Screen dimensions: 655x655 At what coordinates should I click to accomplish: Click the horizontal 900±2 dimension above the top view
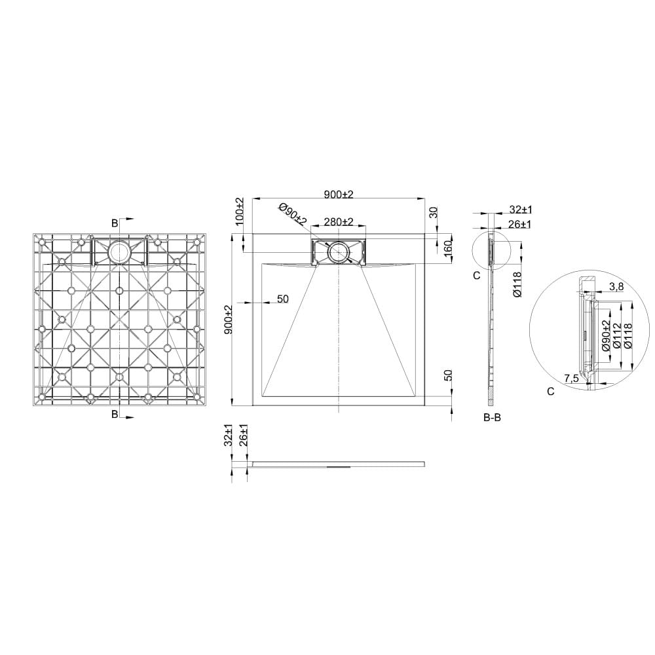point(339,195)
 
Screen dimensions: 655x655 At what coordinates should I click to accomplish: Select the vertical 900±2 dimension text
point(228,320)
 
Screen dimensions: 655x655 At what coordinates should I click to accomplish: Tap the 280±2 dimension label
point(339,222)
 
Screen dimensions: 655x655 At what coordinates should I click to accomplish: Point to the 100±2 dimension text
point(239,212)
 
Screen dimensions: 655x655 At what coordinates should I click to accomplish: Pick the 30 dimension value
point(433,212)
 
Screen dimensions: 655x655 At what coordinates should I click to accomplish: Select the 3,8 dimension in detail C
point(616,287)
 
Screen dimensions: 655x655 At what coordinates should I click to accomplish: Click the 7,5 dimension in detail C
point(571,379)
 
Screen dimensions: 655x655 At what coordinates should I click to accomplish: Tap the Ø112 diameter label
point(616,336)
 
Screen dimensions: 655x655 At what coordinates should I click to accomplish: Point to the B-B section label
point(492,417)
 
